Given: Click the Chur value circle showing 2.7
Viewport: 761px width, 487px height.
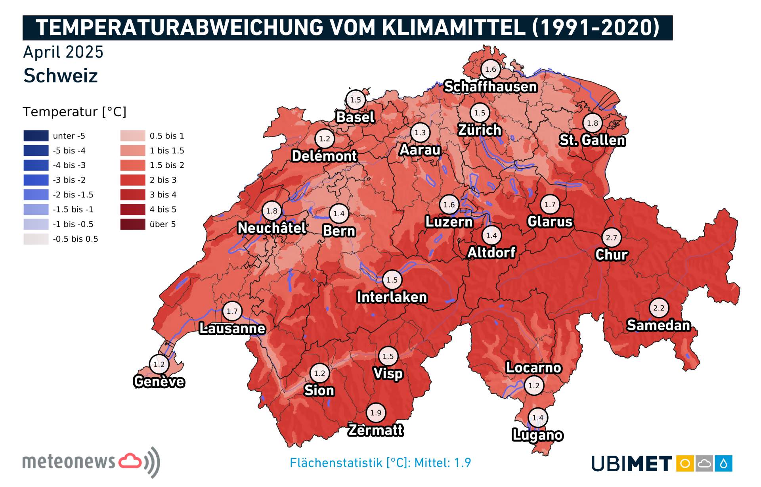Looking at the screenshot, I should coord(611,238).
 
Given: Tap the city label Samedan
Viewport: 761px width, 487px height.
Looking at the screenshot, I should coord(658,325).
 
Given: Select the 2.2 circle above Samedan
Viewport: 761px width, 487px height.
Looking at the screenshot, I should coord(658,308).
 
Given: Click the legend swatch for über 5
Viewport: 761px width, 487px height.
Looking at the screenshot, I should coord(133,224).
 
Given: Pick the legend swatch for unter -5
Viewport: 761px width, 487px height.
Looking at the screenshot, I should coord(36,136).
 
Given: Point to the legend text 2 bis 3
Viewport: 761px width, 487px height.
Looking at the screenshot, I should coord(163,180).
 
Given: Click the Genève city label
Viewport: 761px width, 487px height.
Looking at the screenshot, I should coord(159,382).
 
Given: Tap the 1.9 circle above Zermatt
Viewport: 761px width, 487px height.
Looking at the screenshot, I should coord(375,413).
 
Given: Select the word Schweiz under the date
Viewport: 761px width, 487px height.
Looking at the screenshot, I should coord(60,76).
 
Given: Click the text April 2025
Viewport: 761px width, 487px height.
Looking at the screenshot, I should coord(63,52).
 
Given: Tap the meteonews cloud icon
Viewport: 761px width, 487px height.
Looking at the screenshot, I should coord(130,461).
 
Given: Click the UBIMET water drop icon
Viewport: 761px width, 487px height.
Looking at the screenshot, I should coord(723,463).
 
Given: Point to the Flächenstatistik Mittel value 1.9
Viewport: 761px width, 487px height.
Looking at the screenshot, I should coord(462,463).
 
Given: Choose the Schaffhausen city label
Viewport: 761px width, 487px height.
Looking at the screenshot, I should coord(490,86).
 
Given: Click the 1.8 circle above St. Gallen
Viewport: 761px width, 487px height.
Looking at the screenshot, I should coord(592,123).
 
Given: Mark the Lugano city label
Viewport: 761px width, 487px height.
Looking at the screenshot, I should coord(537,435).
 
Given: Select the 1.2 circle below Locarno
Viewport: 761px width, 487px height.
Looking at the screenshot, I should coord(533,385).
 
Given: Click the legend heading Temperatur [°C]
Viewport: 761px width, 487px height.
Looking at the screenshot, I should coord(74,112).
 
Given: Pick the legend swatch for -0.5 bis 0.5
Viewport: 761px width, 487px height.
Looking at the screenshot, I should coord(36,239).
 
